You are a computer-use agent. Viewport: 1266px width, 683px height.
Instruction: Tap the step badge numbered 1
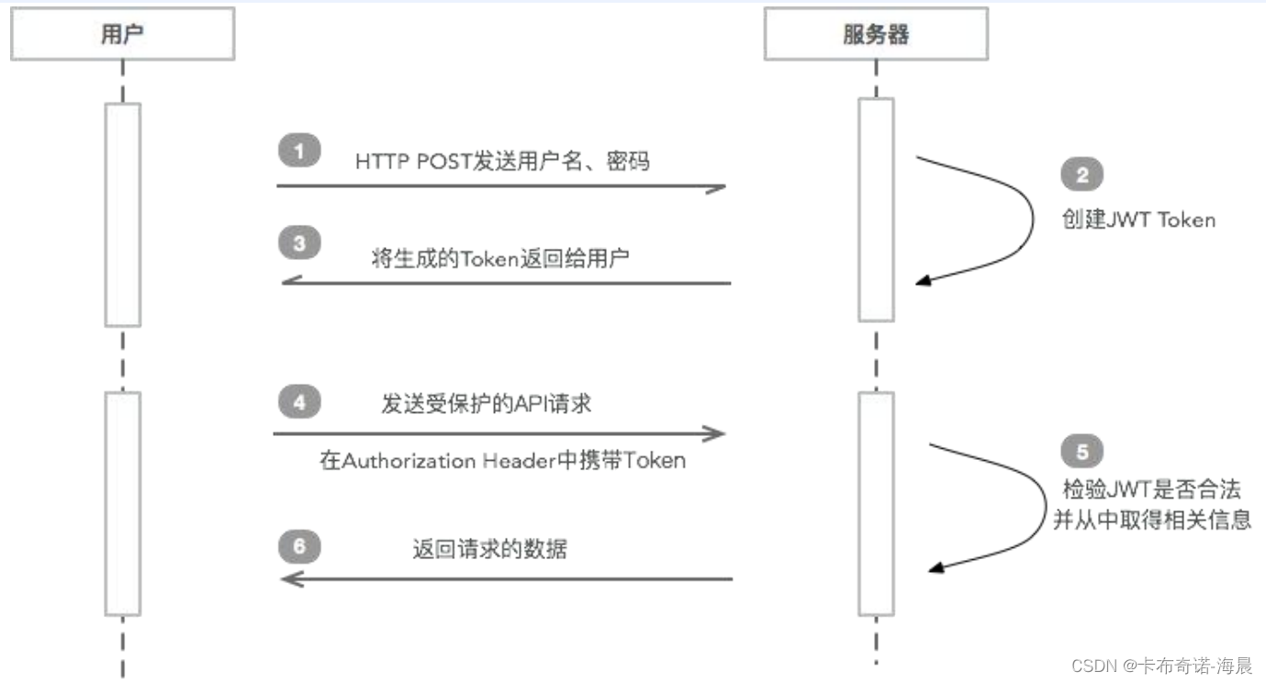(299, 150)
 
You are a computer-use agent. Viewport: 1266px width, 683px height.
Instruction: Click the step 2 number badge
(1081, 174)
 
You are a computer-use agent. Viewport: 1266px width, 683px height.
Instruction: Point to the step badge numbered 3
(299, 244)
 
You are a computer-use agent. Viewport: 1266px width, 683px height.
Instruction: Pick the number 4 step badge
(299, 401)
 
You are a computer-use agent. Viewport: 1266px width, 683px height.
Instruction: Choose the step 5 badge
(1081, 452)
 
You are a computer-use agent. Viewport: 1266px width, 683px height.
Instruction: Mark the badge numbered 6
(299, 548)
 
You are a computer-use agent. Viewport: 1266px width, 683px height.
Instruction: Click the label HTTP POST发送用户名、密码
(502, 162)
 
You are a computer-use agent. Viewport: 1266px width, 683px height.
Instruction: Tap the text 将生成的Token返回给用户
(500, 257)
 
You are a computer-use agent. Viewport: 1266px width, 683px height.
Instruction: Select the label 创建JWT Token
(1138, 220)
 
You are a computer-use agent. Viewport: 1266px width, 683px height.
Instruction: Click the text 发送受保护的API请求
(487, 404)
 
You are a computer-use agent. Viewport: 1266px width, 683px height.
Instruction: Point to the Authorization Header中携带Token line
(502, 461)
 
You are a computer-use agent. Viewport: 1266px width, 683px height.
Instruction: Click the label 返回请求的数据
(489, 550)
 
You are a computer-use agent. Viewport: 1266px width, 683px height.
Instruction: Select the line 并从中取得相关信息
(1151, 520)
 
